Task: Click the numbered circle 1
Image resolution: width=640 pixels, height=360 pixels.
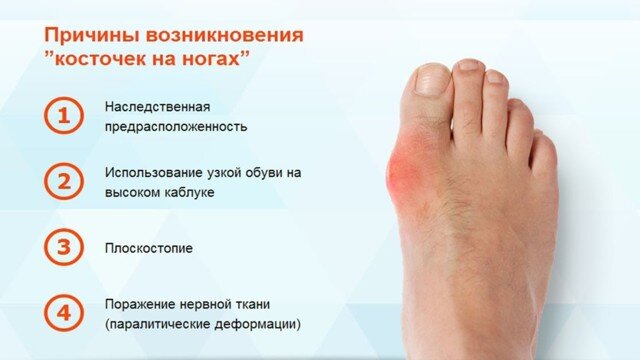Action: click(x=63, y=116)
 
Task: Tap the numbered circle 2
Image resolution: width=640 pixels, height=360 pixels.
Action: click(x=63, y=181)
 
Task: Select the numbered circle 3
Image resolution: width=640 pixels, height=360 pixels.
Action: click(x=63, y=246)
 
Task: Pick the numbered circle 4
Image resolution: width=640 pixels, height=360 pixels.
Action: click(x=63, y=313)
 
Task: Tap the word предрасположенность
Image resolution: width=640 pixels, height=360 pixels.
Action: click(x=175, y=127)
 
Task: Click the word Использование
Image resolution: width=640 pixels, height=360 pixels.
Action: click(x=152, y=172)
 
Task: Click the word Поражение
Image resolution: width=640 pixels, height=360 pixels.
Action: click(x=139, y=304)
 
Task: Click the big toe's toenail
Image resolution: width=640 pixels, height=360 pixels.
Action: click(x=429, y=79)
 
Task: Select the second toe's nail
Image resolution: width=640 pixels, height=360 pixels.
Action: click(x=469, y=69)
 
